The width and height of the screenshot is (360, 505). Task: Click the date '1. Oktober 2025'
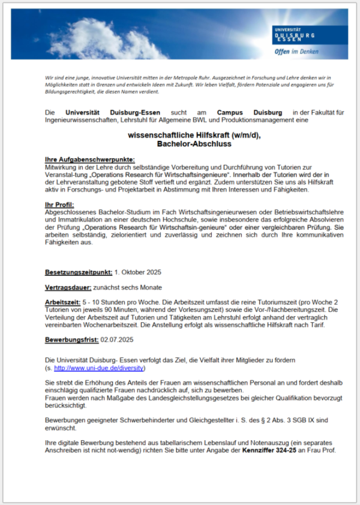(x=139, y=272)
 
